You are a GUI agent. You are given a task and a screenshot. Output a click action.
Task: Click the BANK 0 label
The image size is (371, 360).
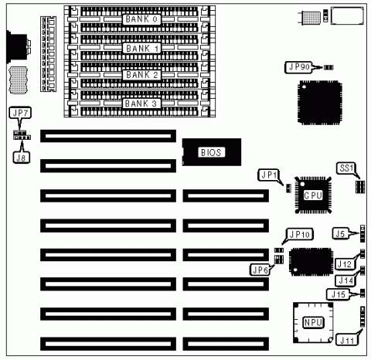coord(141,19)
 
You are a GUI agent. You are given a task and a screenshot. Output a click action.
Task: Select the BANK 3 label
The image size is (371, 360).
coord(141,104)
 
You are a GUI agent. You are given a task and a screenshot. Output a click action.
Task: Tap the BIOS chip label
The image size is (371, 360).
coord(211,152)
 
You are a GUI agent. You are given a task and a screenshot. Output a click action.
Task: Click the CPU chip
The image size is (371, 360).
coord(313,195)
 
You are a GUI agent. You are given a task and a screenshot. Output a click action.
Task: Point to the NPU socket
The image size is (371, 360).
coord(313,323)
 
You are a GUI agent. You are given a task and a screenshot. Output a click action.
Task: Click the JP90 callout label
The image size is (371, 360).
coord(298,67)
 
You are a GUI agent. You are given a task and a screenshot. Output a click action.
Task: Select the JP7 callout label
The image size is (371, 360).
coord(20,113)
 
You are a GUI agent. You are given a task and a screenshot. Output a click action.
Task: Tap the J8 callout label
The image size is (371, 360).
coord(21,158)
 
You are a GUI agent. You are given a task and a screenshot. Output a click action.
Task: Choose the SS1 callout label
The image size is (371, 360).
coord(345,168)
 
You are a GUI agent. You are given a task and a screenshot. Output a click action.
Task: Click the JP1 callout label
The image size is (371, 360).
coord(268,175)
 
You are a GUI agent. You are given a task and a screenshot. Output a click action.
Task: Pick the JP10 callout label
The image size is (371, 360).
coord(300,234)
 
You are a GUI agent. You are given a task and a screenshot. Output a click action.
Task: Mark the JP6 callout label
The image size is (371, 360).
coord(260,270)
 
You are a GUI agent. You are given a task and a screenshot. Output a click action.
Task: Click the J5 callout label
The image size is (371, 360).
coord(341,234)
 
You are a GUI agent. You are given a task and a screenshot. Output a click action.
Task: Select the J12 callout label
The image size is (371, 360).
coord(344,264)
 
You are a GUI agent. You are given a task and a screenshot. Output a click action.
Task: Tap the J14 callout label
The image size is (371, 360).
coord(345,280)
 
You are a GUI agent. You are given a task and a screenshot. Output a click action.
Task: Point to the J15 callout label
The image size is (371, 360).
coord(338,294)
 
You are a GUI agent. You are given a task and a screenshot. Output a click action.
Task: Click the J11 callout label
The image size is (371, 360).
coord(347,340)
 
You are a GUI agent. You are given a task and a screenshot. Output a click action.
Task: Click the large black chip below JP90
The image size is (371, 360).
coord(320,103)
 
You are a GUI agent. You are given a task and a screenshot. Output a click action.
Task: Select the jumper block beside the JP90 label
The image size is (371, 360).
coord(328,67)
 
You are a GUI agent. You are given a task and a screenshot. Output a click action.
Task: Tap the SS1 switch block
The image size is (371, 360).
coord(360,187)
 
